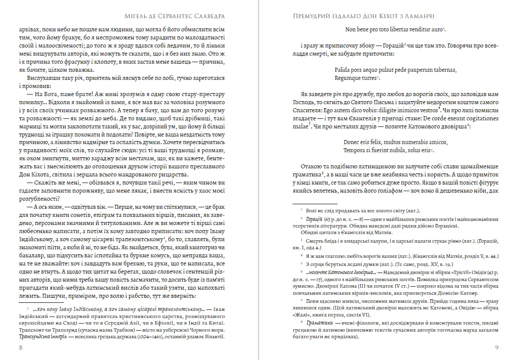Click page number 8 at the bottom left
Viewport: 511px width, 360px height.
(x=20, y=347)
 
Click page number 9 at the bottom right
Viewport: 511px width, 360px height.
(x=496, y=347)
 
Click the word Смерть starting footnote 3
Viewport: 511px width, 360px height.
(x=315, y=242)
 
